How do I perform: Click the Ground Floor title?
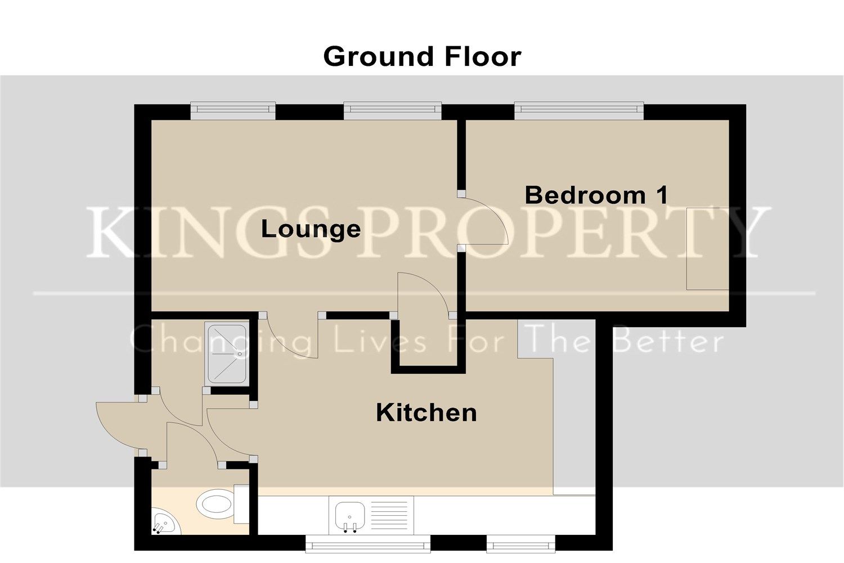pyautogui.click(x=423, y=57)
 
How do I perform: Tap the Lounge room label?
pyautogui.click(x=311, y=229)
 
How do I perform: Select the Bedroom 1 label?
pyautogui.click(x=597, y=195)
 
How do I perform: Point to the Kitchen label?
pyautogui.click(x=427, y=413)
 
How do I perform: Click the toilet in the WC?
pyautogui.click(x=216, y=504)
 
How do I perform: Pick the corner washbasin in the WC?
pyautogui.click(x=164, y=521)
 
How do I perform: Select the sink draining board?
pyautogui.click(x=389, y=515)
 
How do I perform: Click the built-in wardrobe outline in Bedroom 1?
pyautogui.click(x=707, y=248)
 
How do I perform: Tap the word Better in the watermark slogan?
pyautogui.click(x=668, y=341)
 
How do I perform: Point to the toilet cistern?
pyautogui.click(x=241, y=504)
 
